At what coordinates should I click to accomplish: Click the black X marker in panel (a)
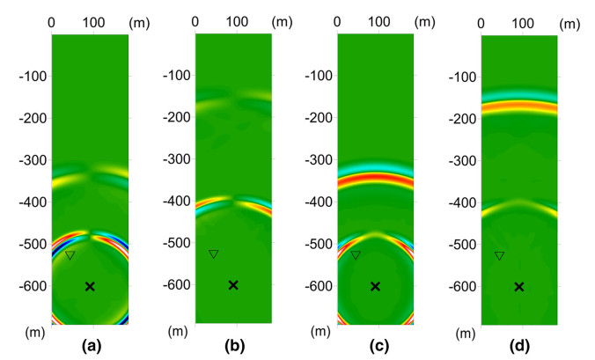tap(90, 286)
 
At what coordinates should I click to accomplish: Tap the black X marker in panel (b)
tap(233, 284)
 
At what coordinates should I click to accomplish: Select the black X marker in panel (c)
tap(376, 286)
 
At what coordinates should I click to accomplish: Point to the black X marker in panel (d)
tap(519, 286)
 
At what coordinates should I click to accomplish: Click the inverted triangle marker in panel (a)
tap(70, 255)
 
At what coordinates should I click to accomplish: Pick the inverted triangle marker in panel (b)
tap(213, 253)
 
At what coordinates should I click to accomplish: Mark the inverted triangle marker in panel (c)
tap(356, 254)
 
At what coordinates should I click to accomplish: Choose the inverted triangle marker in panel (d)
tap(499, 255)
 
